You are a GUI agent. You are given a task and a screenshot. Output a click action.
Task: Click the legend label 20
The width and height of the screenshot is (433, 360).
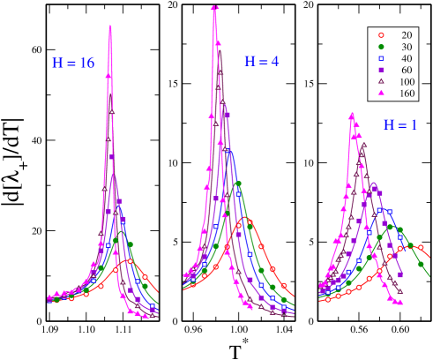tap(407, 34)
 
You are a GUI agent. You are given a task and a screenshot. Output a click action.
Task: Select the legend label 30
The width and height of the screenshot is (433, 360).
tap(407, 46)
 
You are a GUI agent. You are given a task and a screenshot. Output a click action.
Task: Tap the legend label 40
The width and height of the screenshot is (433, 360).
tap(407, 57)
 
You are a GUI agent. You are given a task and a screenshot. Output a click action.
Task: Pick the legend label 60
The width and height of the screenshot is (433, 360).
tap(407, 70)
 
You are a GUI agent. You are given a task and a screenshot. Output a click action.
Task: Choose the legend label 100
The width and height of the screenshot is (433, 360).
tap(406, 81)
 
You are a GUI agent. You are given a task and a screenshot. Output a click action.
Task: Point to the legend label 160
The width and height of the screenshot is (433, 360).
tap(406, 93)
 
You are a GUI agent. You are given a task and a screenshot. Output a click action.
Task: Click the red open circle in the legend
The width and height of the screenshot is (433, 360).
tap(381, 34)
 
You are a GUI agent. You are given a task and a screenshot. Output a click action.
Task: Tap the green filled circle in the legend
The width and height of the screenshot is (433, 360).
tap(381, 46)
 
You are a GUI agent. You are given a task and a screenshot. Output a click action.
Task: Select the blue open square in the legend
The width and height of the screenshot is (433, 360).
tap(381, 57)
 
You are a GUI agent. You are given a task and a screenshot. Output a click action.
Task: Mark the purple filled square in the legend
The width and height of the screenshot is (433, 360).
tap(381, 70)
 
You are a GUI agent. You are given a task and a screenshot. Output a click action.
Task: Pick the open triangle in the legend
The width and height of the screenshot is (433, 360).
tap(381, 81)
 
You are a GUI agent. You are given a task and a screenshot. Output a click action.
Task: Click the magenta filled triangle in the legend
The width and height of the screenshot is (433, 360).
tap(381, 93)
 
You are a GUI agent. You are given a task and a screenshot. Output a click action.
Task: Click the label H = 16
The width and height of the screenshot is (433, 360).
tap(73, 64)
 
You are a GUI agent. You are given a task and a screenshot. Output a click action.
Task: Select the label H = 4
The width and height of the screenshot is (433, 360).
tap(262, 62)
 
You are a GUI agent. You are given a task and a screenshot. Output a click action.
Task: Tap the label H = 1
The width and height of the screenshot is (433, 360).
tap(399, 125)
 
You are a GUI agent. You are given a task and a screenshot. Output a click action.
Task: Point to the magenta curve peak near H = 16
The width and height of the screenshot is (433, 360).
tap(110, 26)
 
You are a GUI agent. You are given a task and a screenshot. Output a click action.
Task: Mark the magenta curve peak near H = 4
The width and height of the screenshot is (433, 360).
tap(214, 7)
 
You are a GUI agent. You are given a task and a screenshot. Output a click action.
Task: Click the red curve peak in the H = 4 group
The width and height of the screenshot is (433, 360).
tap(247, 219)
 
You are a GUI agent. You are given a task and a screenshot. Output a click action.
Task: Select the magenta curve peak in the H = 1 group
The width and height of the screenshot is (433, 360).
tap(352, 113)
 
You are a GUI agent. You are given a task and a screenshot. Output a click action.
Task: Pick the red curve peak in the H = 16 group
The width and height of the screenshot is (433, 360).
tap(130, 260)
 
